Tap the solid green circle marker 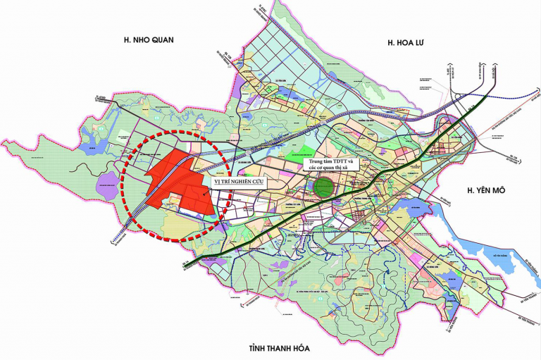(324, 187)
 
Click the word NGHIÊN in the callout (247, 182)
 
